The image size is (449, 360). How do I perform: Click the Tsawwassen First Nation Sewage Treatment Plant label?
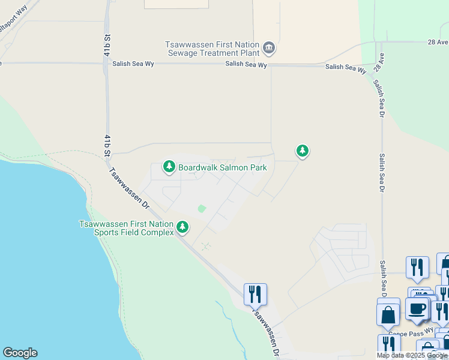click(x=212, y=49)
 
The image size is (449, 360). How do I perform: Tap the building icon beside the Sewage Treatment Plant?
click(x=269, y=47)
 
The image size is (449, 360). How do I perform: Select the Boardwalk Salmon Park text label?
click(x=222, y=168)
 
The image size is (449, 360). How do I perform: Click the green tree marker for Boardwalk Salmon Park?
click(x=169, y=166)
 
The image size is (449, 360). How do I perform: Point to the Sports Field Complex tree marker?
click(x=182, y=227)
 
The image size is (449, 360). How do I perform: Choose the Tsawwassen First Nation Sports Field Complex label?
click(x=127, y=228)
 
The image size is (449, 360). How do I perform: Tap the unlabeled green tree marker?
click(x=303, y=151)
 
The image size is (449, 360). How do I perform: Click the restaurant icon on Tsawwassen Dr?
click(x=255, y=293)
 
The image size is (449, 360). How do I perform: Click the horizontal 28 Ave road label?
click(x=438, y=43)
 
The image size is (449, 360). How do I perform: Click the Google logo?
click(x=20, y=353)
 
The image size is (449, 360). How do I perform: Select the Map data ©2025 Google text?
click(x=412, y=355)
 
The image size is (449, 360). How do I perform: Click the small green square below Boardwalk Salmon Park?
click(x=202, y=209)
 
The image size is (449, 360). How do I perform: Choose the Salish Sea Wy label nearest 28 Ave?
click(x=346, y=68)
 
